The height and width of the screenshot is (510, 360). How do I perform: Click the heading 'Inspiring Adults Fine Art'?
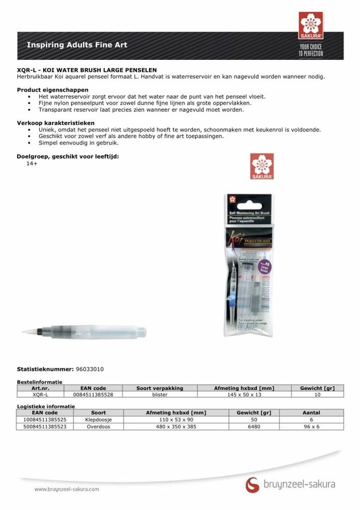[x=77, y=45]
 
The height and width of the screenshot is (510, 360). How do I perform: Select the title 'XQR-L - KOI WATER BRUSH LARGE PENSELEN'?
[x=87, y=70]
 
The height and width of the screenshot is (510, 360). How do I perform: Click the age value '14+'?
[x=32, y=163]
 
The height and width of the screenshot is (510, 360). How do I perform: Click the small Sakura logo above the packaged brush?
[x=262, y=166]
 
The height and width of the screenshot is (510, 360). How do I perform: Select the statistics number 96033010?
[x=91, y=369]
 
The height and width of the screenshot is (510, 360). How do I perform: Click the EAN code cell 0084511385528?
[x=93, y=394]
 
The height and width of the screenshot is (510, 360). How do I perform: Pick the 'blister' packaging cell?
[x=160, y=394]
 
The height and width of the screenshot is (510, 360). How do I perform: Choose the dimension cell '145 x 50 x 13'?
[x=244, y=394]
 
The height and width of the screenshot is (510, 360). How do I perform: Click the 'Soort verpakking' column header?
[x=160, y=388]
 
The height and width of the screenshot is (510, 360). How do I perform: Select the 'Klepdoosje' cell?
[x=98, y=419]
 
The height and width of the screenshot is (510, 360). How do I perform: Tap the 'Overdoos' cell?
[x=98, y=426]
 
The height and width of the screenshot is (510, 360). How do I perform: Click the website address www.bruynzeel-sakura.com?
[x=67, y=489]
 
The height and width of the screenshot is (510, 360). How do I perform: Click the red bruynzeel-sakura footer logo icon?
[x=252, y=484]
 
